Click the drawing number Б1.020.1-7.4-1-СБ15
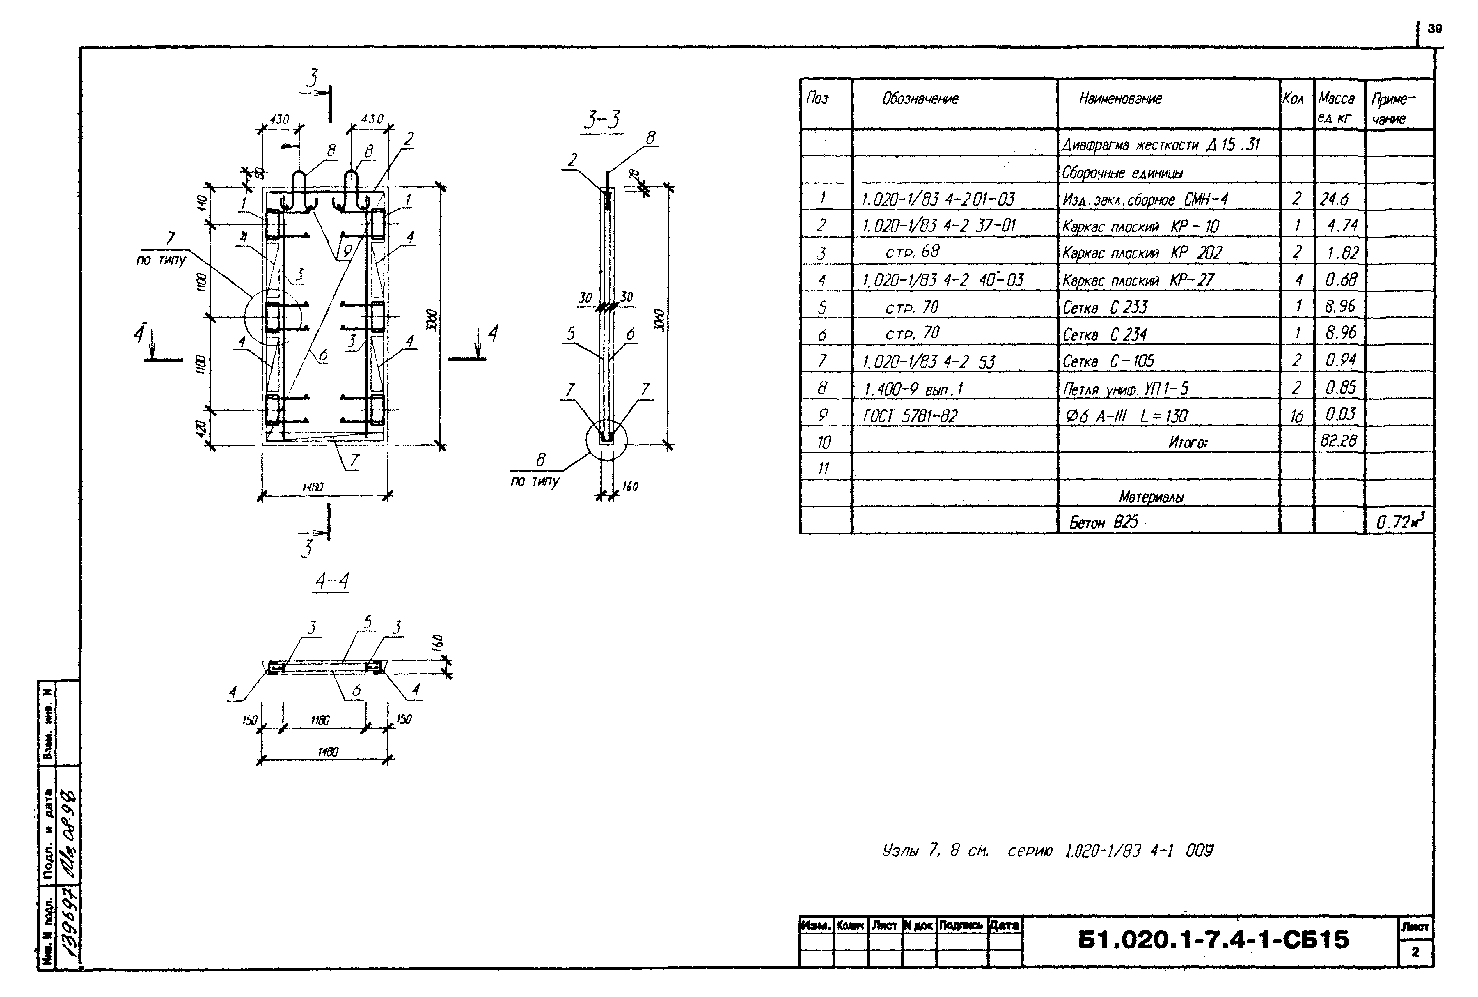coord(1213,940)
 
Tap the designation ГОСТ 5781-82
coord(910,416)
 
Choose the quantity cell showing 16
coord(1296,416)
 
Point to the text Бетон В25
coord(1103,523)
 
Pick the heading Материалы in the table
coord(1151,497)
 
